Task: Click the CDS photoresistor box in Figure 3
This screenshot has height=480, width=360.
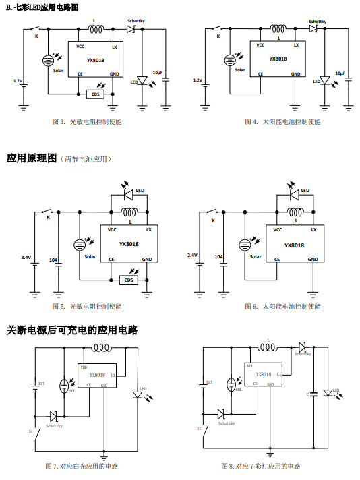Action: [x=96, y=94]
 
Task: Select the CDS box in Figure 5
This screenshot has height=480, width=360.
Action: [x=129, y=280]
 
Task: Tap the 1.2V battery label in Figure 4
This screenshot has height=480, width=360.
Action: [x=198, y=80]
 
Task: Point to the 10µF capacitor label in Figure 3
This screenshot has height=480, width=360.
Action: [x=158, y=73]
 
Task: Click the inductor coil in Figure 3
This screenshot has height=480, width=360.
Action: [x=96, y=29]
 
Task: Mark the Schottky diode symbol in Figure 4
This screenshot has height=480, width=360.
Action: [x=313, y=29]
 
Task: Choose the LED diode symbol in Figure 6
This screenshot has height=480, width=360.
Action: [x=294, y=195]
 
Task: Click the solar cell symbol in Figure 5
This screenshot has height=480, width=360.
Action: [x=80, y=245]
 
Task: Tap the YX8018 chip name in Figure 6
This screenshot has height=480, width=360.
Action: [x=294, y=245]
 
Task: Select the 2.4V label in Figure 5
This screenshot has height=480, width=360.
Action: [x=26, y=257]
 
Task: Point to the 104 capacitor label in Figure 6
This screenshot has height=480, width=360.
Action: [x=218, y=257]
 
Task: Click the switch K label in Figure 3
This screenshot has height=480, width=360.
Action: [x=36, y=36]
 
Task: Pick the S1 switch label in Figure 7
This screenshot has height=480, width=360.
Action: [x=30, y=431]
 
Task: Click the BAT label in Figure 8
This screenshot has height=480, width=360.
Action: [x=210, y=382]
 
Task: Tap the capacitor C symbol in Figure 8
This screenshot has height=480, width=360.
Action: [x=313, y=394]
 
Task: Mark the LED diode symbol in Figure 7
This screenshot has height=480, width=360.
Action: [x=138, y=395]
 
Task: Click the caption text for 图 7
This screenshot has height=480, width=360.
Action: [x=82, y=467]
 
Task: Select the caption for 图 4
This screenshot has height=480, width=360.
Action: [x=282, y=122]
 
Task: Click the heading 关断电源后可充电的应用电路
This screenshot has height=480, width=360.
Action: [x=72, y=330]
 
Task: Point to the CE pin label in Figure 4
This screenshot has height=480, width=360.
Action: [x=260, y=73]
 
